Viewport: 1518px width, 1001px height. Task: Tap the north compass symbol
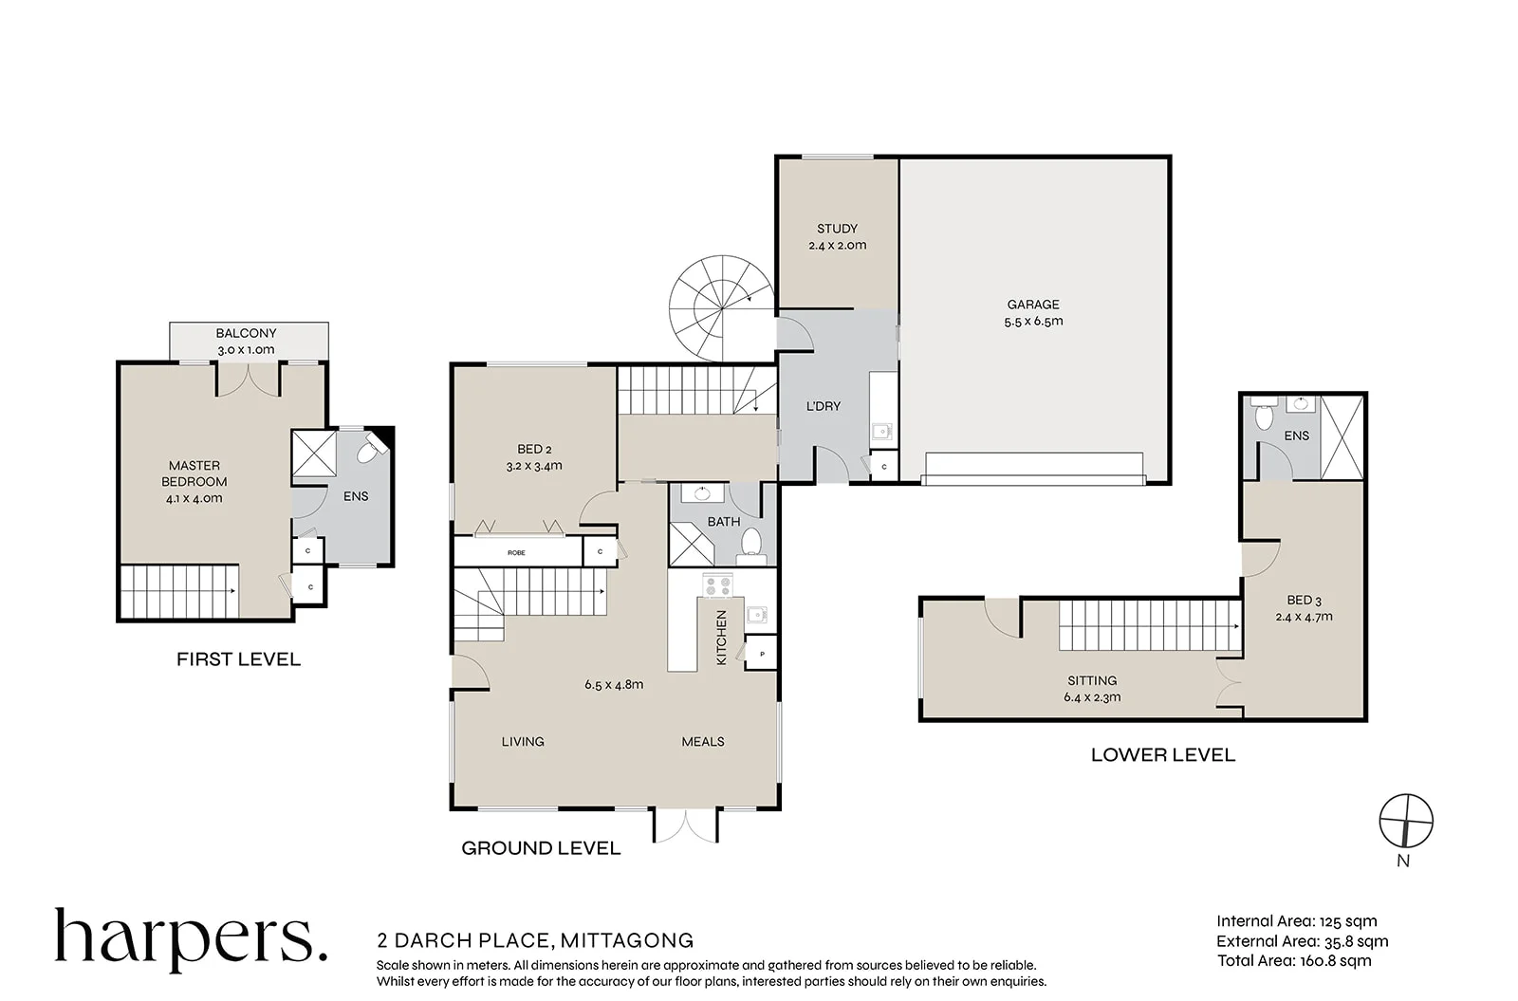tap(1406, 821)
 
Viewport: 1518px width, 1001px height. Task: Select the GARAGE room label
tap(1033, 305)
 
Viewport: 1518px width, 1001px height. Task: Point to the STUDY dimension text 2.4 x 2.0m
tap(838, 246)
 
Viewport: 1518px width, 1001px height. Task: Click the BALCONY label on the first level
tap(246, 333)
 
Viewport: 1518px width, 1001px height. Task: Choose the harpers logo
tap(191, 939)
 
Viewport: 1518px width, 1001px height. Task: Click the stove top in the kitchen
tap(717, 585)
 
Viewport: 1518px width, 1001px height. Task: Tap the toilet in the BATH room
tap(750, 546)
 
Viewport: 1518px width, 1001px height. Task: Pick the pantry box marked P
tap(761, 653)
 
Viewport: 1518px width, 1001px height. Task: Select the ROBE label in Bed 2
tap(516, 553)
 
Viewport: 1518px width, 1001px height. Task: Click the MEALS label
tap(703, 742)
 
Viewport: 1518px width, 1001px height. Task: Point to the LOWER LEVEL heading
tap(1163, 755)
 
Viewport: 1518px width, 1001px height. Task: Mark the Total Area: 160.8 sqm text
tap(1294, 961)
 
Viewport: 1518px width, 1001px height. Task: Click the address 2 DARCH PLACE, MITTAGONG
tap(535, 940)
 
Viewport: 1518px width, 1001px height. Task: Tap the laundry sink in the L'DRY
tap(881, 431)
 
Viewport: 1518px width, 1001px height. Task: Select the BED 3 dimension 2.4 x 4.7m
tap(1304, 618)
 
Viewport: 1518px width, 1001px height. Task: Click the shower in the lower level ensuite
tap(1342, 437)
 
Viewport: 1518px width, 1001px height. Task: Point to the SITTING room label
tap(1092, 680)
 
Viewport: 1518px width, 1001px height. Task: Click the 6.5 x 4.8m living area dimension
tap(614, 684)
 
